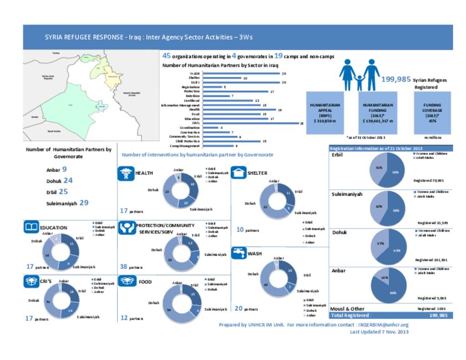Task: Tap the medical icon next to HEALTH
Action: [x=126, y=173]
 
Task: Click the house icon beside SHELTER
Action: [x=238, y=173]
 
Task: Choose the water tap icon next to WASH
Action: [x=238, y=253]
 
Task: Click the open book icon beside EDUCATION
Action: [x=31, y=227]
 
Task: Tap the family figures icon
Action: [x=359, y=75]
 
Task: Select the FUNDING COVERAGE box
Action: [x=432, y=112]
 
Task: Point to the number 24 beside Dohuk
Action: [x=68, y=180]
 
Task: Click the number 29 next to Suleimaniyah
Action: [x=84, y=203]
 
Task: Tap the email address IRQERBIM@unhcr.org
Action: [x=383, y=325]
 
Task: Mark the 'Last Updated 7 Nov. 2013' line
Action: [x=379, y=332]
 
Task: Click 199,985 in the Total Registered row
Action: [x=438, y=315]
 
